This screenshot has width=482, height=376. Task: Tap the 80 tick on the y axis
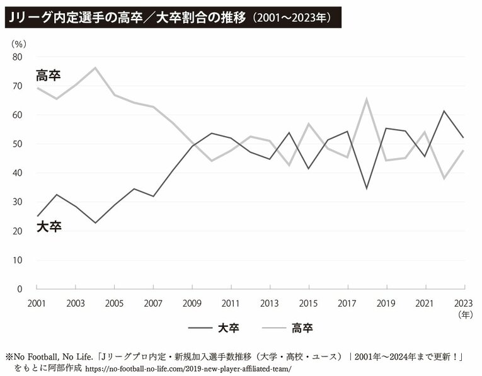pos(18,57)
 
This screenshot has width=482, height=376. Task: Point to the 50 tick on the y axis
pos(18,144)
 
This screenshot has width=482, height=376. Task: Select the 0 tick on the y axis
pos(20,289)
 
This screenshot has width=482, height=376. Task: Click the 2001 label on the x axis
pos(37,303)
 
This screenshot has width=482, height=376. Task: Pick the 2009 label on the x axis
pos(192,303)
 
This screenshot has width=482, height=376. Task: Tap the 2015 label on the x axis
pos(309,303)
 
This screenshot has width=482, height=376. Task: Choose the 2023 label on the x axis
pos(464,303)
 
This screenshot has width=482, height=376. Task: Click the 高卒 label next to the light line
pos(49,76)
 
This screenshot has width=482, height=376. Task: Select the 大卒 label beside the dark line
pos(49,227)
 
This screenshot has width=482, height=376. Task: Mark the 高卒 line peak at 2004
pos(95,68)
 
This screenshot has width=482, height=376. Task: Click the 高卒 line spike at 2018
pos(367,100)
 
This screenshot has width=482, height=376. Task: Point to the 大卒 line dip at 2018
pos(367,188)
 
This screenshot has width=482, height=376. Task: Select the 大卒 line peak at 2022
pos(445,111)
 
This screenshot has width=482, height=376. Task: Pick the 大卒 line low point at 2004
pos(95,223)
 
